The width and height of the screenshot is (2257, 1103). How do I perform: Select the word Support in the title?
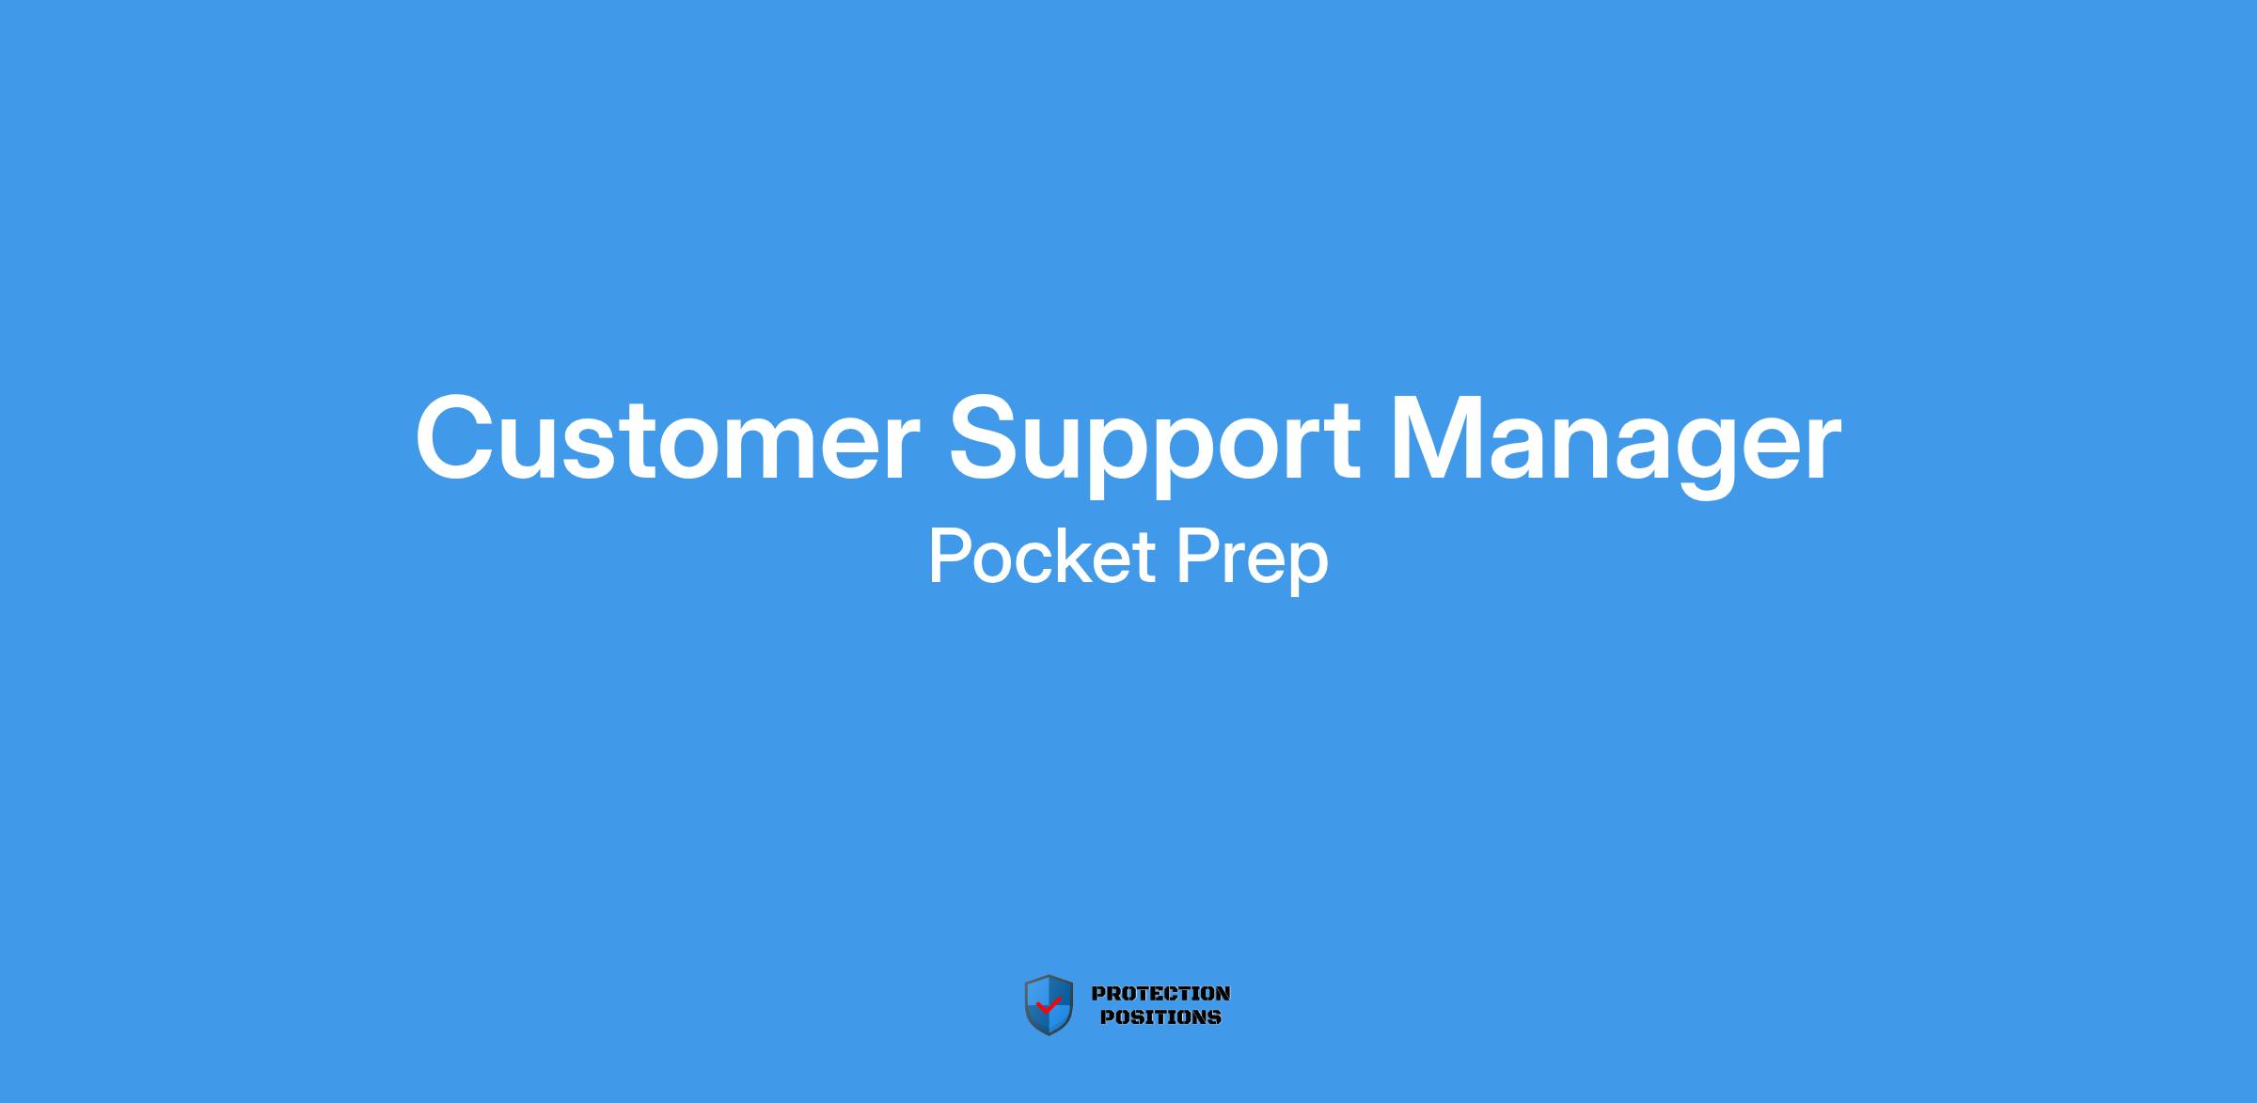point(1154,445)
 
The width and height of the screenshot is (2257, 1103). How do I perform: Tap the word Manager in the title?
point(1615,445)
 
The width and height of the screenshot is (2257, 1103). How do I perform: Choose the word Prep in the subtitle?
point(1253,561)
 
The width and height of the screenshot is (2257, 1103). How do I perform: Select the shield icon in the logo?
point(1049,1005)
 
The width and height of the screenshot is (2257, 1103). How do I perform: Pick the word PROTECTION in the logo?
point(1160,993)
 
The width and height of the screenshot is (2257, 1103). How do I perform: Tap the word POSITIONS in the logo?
point(1160,1016)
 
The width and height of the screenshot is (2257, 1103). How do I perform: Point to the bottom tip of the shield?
point(1049,1035)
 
